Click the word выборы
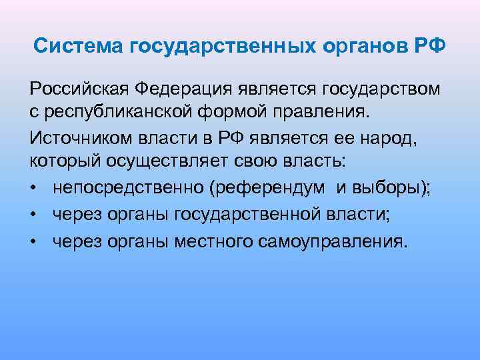tap(391, 188)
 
